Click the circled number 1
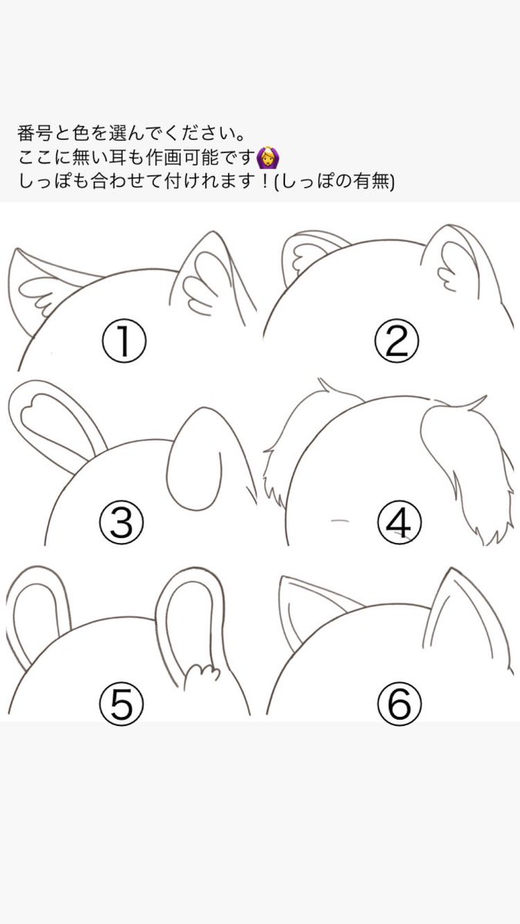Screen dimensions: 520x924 pos(124,342)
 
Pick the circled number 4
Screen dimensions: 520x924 pos(399,522)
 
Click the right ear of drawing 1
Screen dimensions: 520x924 pos(213,280)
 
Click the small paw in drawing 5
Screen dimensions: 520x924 pos(201,676)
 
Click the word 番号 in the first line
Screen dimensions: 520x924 pos(34,133)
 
